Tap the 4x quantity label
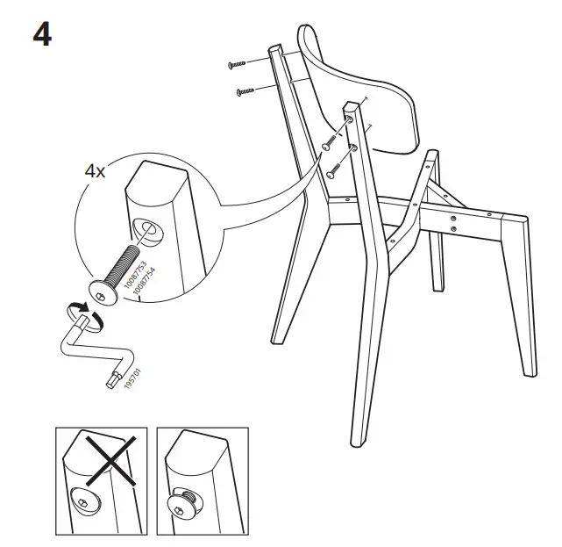(95, 171)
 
